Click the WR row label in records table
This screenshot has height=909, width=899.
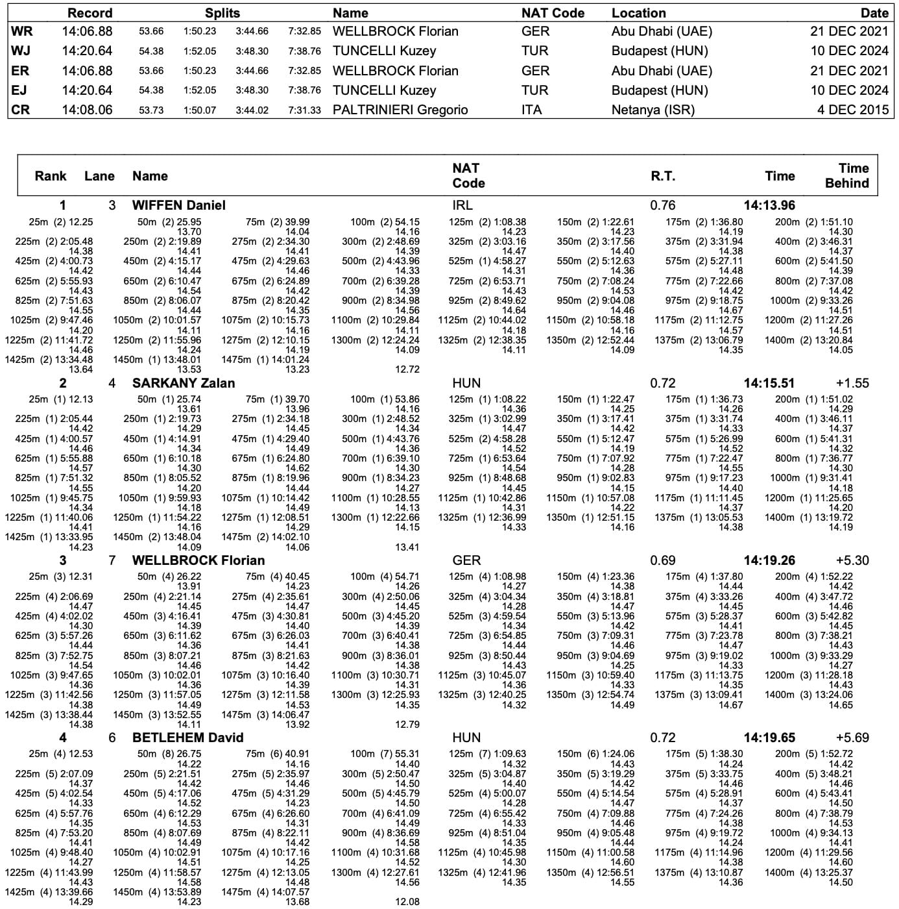[x=21, y=31]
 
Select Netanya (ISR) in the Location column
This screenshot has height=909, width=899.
[x=653, y=110]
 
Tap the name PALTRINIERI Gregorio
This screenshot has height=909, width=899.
[x=400, y=110]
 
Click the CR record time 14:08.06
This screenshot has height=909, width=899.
[x=87, y=110]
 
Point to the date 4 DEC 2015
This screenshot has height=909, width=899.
[x=852, y=110]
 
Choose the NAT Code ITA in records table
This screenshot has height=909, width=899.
[x=531, y=110]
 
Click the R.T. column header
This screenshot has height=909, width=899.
[x=662, y=176]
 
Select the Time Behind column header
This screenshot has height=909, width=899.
[x=846, y=176]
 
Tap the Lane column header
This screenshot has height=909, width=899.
[x=99, y=176]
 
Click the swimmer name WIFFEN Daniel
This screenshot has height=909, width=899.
[x=178, y=205]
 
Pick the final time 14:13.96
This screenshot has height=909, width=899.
[x=769, y=205]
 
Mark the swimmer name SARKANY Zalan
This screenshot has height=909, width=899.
[x=184, y=383]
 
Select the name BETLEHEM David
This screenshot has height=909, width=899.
[x=187, y=738]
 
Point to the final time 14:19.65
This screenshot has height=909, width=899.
[x=769, y=738]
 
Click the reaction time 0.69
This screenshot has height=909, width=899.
[x=662, y=560]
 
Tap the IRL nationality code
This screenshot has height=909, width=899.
[x=462, y=205]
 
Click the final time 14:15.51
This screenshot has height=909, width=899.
[x=769, y=383]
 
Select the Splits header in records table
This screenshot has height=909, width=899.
[x=222, y=13]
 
